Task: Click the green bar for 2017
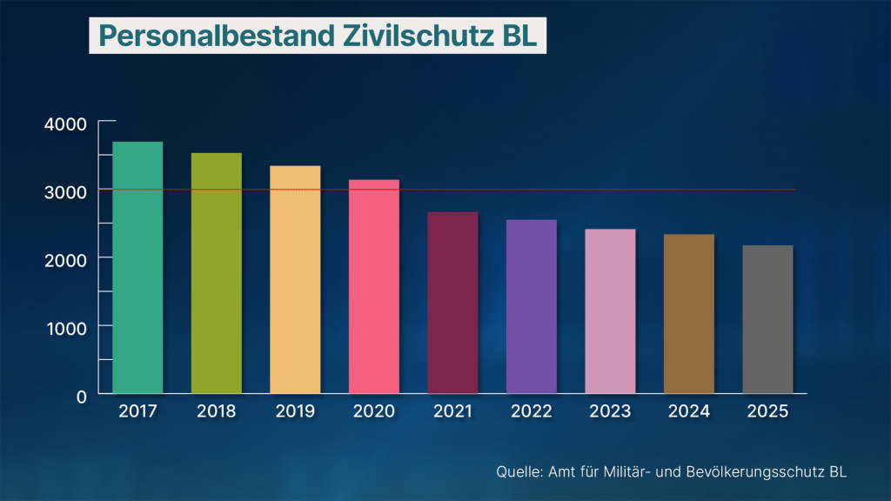[137, 267]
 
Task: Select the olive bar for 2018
[217, 273]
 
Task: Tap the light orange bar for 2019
[295, 279]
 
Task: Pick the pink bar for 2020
[374, 286]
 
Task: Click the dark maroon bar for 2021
[452, 303]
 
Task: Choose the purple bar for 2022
[532, 306]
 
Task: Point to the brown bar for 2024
[689, 314]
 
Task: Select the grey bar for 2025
[767, 319]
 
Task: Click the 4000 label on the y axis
[65, 124]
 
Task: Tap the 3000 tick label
[65, 191]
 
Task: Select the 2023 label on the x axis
[610, 411]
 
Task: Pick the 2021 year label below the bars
[452, 411]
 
